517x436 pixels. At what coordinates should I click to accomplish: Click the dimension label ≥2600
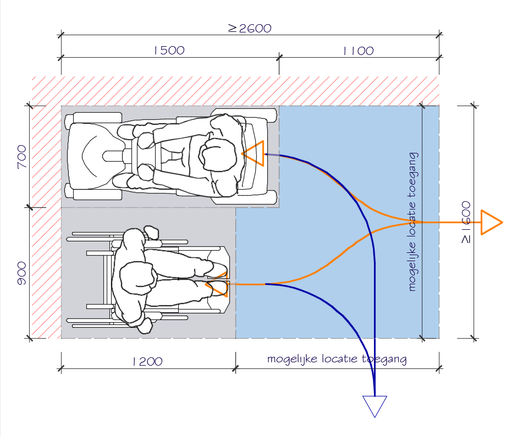click(x=250, y=28)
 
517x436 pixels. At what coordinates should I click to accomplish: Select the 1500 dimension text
click(x=169, y=51)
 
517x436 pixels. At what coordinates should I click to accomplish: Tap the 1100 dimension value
click(x=358, y=51)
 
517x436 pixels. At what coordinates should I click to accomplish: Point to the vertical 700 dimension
click(x=21, y=157)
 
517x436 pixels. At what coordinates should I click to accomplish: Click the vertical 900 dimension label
click(x=21, y=273)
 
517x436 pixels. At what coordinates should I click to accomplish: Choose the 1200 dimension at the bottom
click(x=147, y=361)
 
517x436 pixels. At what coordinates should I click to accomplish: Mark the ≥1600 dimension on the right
click(x=465, y=223)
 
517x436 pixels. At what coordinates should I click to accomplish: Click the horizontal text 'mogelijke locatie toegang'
click(x=337, y=360)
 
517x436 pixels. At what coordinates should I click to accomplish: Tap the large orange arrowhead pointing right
click(x=491, y=222)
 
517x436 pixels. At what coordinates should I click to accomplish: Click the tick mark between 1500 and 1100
click(x=279, y=56)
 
